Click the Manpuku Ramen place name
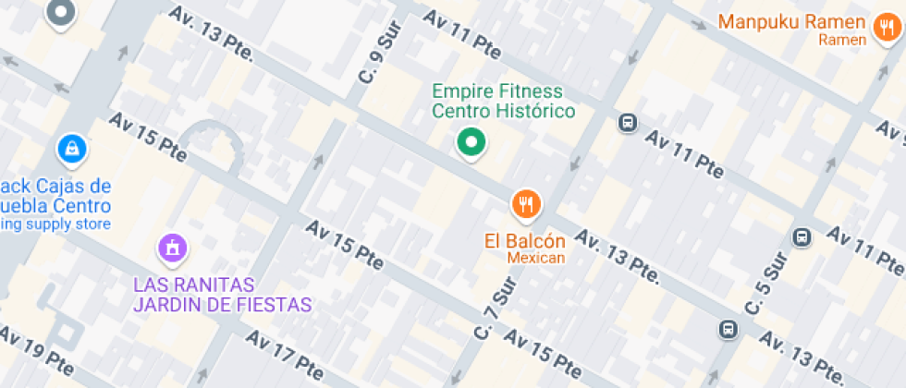coord(792,21)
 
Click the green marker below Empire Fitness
coord(471,143)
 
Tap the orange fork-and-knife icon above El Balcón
coord(526,203)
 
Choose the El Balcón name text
coord(525,241)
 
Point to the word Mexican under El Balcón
coord(535,258)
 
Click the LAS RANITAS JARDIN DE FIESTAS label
coord(222,293)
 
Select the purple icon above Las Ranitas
coord(172,247)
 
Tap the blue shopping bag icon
coord(71,147)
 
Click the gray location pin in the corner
coord(61,12)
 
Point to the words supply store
coord(70,224)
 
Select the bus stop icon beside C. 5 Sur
coord(802,237)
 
